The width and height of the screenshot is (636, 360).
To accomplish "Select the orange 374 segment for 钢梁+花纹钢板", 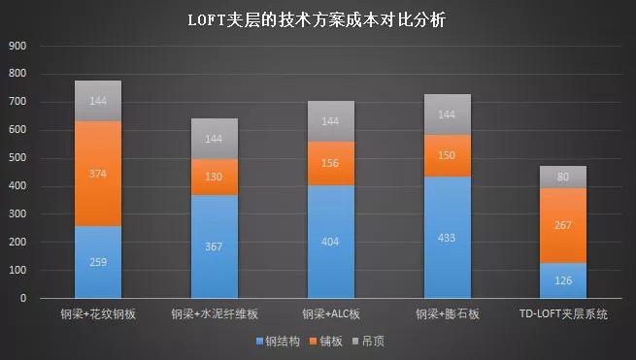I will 98,174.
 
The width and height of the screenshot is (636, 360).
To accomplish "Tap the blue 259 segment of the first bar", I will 98,262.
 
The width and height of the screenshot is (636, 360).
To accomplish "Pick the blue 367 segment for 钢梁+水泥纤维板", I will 215,246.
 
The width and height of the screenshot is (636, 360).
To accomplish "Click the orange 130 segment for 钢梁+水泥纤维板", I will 215,177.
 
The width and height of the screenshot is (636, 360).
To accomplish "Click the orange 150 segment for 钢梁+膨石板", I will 447,155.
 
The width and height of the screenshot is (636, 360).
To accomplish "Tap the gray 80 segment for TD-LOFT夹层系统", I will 563,177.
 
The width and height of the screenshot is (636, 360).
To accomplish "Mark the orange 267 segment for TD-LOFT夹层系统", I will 563,225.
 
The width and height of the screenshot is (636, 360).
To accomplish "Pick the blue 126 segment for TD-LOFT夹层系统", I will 563,280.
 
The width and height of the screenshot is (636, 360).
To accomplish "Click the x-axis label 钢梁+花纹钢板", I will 98,314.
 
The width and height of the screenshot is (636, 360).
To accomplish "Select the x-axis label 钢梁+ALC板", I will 330,314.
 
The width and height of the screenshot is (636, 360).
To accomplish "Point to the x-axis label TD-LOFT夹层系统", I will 563,314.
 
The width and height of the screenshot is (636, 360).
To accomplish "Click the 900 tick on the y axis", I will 18,46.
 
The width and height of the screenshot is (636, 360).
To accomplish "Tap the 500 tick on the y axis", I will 18,158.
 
